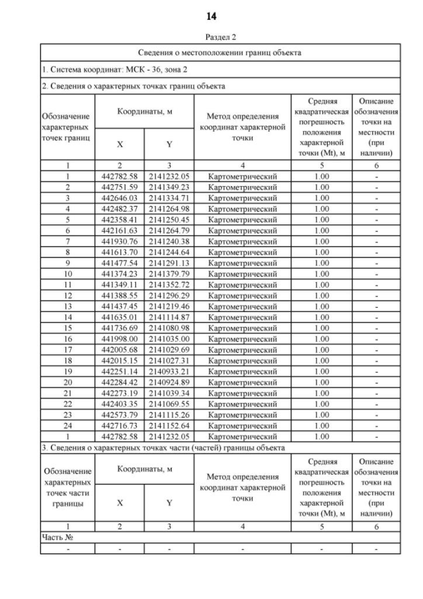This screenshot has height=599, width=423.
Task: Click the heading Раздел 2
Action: tap(211, 37)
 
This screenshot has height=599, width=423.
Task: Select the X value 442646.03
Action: tap(120, 197)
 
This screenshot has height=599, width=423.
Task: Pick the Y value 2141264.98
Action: tap(169, 208)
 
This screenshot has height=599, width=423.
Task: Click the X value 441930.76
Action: tap(120, 240)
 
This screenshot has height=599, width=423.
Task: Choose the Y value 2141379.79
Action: tap(169, 273)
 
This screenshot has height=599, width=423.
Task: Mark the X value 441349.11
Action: tap(120, 283)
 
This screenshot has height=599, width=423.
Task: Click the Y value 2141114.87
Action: tap(169, 316)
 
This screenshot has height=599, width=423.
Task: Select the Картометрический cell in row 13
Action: tap(242, 305)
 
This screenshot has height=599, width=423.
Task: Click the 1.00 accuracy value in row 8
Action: tap(321, 252)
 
